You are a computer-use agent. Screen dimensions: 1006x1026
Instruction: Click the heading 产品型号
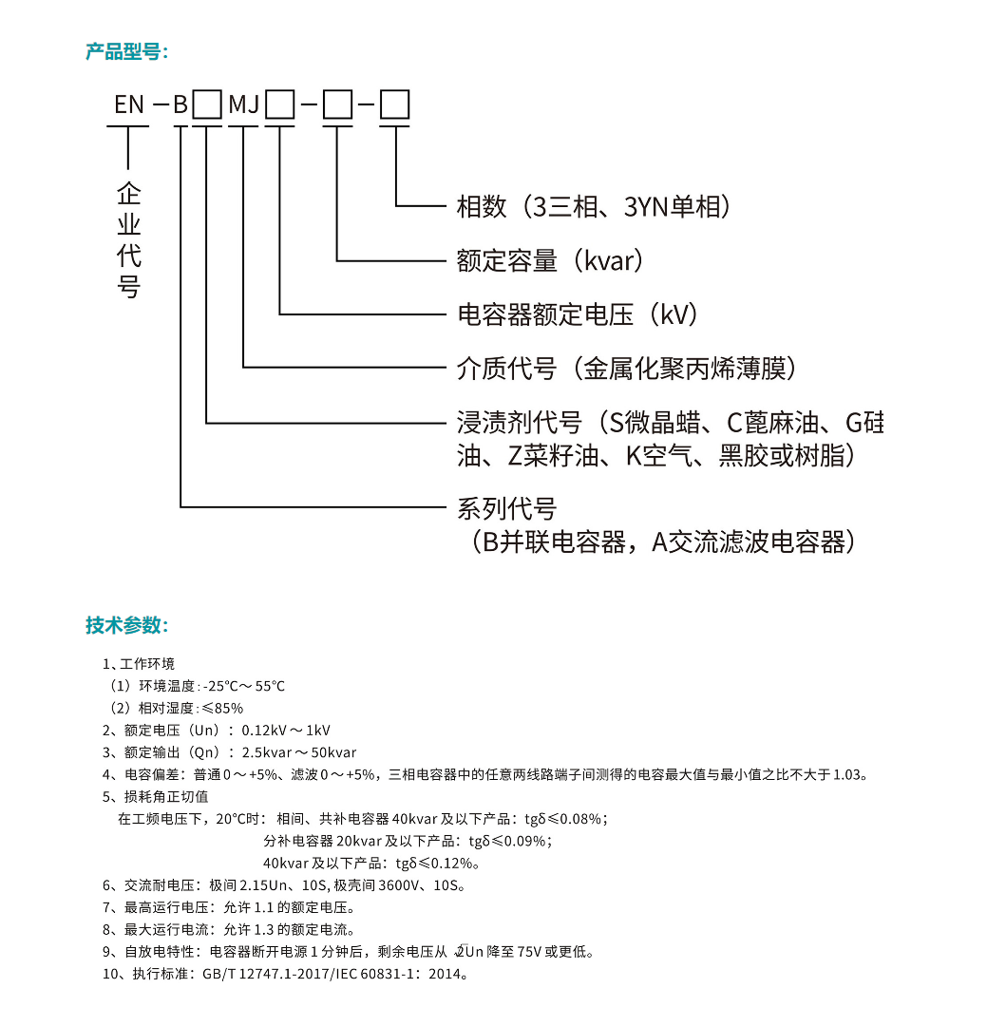126,51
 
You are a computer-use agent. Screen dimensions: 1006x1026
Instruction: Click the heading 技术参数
126,625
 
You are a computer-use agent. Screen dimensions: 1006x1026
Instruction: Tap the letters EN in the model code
129,104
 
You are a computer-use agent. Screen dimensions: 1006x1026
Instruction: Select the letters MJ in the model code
244,104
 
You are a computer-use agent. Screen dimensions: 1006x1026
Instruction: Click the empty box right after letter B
207,104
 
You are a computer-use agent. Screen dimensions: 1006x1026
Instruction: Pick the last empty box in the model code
395,104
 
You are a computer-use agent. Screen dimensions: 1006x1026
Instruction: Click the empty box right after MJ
280,104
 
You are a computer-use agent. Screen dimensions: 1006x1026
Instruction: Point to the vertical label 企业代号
129,240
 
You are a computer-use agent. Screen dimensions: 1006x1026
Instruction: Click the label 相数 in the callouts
482,207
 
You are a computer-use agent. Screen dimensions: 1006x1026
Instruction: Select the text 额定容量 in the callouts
507,260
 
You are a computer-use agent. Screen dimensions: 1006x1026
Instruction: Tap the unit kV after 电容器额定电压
674,314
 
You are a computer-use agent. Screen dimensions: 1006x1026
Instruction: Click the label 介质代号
507,369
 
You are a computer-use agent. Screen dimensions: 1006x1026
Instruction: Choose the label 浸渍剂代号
520,423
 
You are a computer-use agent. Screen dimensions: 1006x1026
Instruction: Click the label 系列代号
507,508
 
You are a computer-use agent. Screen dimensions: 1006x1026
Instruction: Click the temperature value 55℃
270,687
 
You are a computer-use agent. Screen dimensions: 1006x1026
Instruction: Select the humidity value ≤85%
222,709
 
